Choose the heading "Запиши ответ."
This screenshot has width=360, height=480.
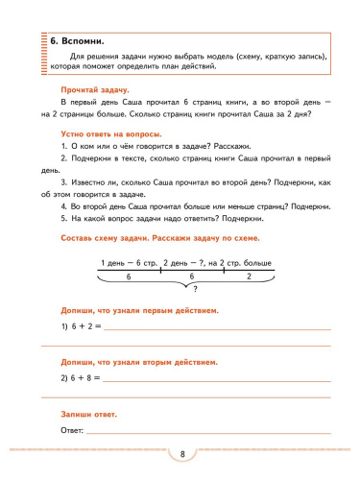[87, 414]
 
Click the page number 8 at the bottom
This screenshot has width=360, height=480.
[181, 453]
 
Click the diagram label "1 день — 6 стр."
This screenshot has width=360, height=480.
[129, 262]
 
